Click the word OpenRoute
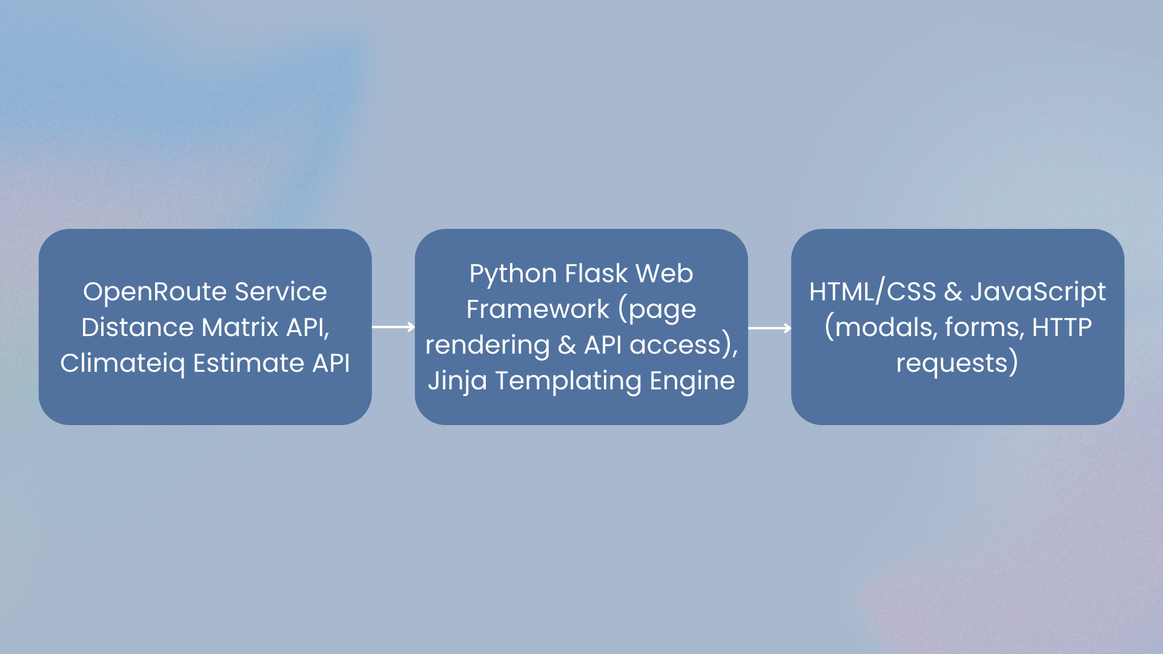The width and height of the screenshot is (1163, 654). click(x=155, y=292)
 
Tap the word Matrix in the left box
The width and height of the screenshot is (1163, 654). click(x=240, y=328)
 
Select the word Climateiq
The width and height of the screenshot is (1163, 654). click(x=122, y=363)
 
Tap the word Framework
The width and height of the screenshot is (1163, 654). click(x=537, y=309)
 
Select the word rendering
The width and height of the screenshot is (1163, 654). click(x=487, y=345)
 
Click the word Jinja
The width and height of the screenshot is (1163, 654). click(x=457, y=381)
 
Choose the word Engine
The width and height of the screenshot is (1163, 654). click(x=692, y=381)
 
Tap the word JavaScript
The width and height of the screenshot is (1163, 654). click(x=1038, y=292)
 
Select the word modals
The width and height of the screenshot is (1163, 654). click(x=885, y=328)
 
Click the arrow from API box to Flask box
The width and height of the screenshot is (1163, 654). click(x=394, y=327)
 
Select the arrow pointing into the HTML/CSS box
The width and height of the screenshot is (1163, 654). click(x=770, y=328)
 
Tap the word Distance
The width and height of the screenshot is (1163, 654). click(x=138, y=328)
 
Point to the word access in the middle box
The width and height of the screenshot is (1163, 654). click(x=675, y=345)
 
